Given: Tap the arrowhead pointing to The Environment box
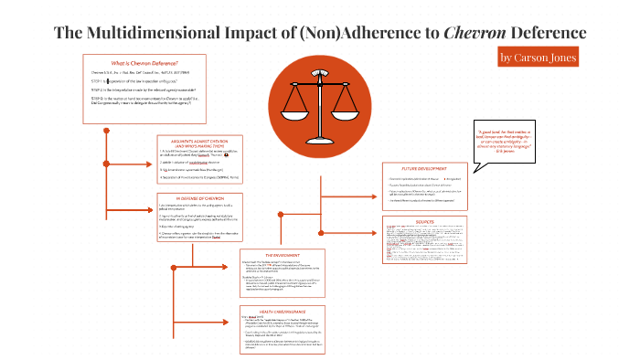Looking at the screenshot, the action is (236, 256).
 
